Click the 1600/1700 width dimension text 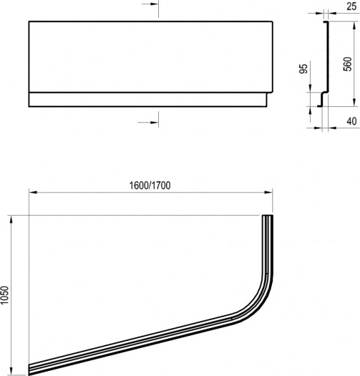pos(150,185)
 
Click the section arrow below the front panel pos(149,121)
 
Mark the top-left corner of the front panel pos(29,22)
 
